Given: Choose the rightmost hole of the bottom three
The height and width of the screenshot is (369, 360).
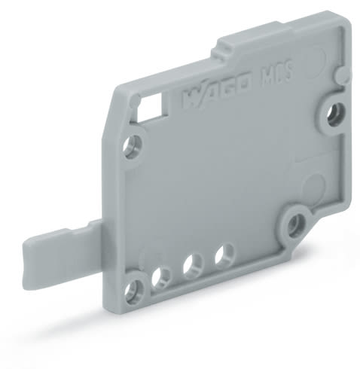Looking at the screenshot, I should (x=222, y=254).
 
